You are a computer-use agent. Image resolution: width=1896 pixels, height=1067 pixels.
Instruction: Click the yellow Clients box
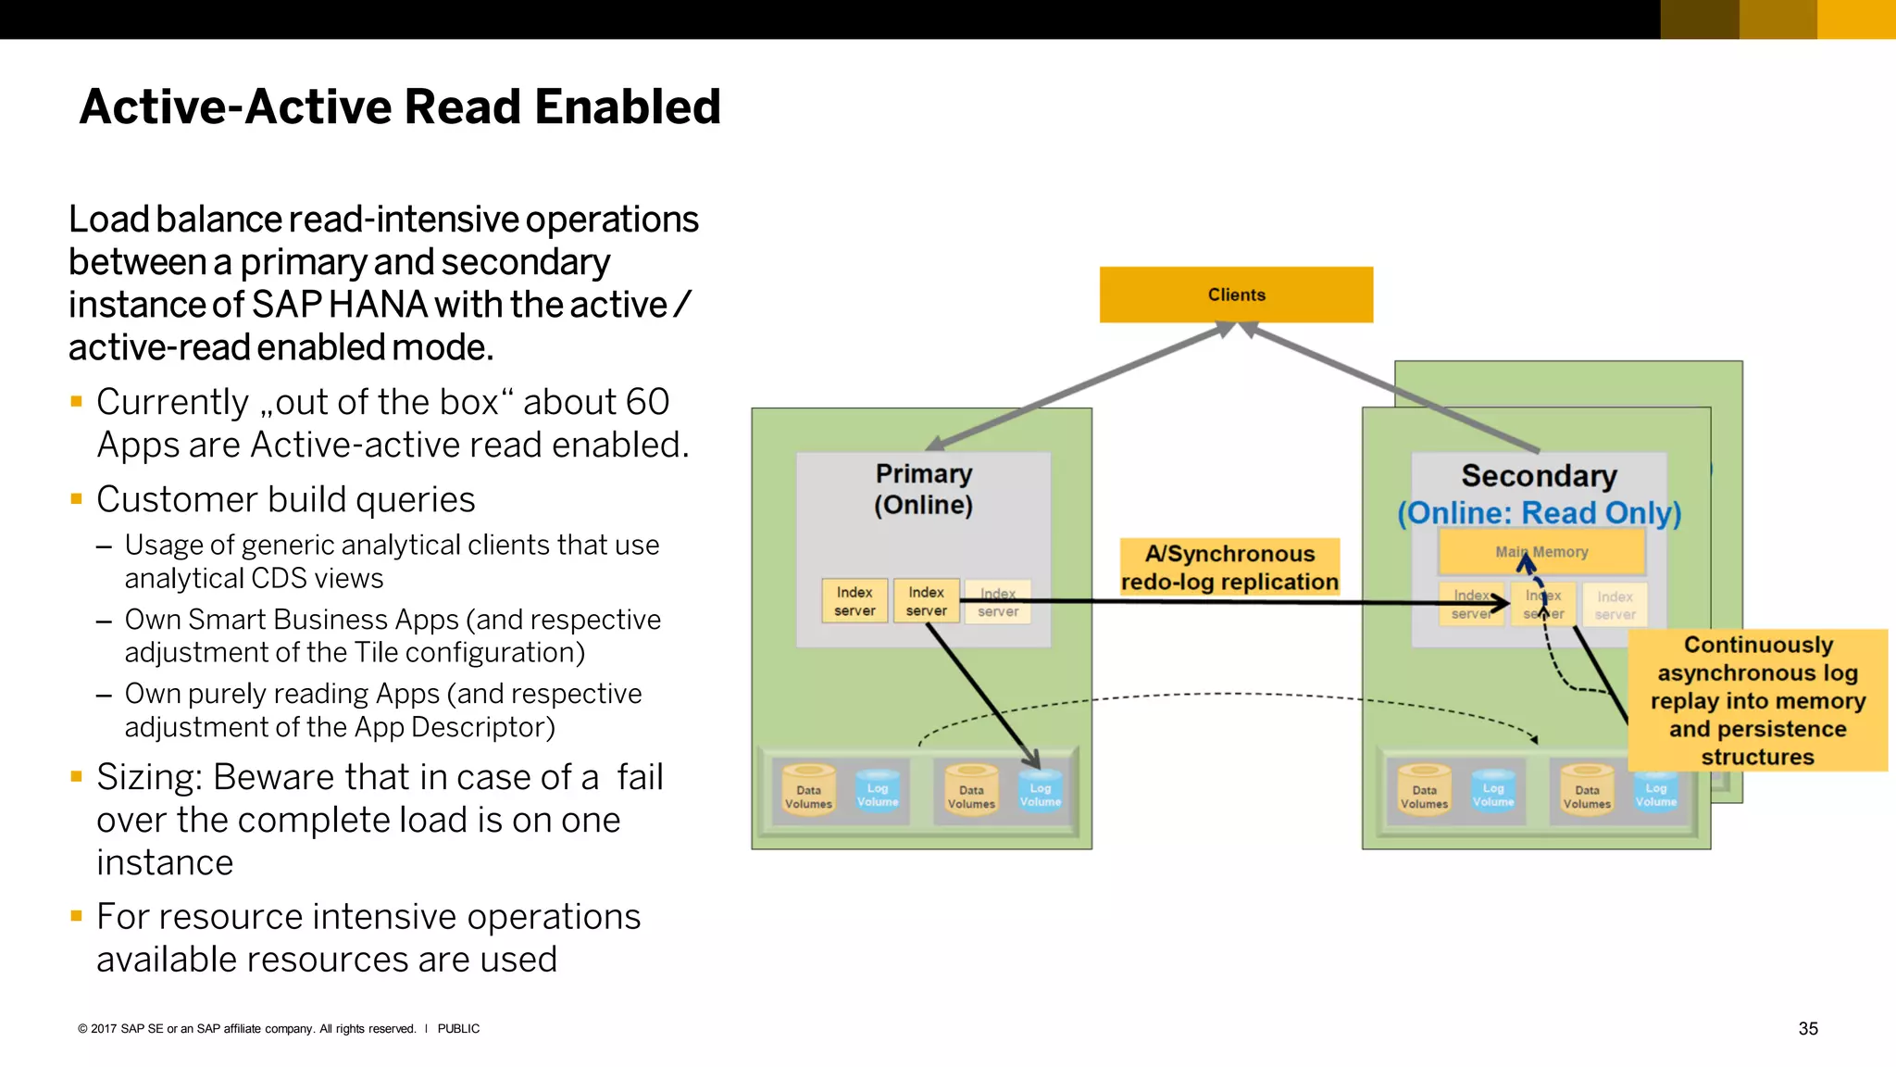click(x=1235, y=295)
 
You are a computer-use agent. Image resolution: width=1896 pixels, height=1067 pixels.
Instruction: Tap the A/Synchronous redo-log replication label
click(x=1229, y=567)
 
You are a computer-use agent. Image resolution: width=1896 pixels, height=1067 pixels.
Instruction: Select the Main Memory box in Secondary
click(x=1541, y=552)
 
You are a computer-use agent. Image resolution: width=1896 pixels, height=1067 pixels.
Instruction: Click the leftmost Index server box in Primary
click(x=854, y=601)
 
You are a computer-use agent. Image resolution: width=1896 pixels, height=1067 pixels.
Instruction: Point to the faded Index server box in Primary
click(x=997, y=602)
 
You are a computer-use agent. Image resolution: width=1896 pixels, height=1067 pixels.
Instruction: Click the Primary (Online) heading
click(x=923, y=489)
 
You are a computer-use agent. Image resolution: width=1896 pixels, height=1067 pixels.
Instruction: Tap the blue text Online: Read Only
click(x=1539, y=513)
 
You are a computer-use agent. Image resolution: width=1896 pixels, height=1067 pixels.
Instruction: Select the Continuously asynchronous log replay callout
click(x=1757, y=700)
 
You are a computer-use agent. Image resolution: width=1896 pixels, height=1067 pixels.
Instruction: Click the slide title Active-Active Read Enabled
click(x=400, y=107)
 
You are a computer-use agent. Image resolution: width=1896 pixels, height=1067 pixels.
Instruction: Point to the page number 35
click(x=1807, y=1028)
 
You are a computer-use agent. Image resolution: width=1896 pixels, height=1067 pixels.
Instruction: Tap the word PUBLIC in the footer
click(x=458, y=1028)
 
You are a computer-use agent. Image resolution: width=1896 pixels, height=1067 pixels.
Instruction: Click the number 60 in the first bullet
click(x=647, y=402)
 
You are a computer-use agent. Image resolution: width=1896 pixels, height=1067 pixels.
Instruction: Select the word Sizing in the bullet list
click(x=148, y=777)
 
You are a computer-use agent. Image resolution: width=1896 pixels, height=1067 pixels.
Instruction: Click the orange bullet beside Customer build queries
click(x=77, y=499)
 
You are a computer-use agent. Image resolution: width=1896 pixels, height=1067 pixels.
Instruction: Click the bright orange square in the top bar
click(x=1855, y=19)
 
